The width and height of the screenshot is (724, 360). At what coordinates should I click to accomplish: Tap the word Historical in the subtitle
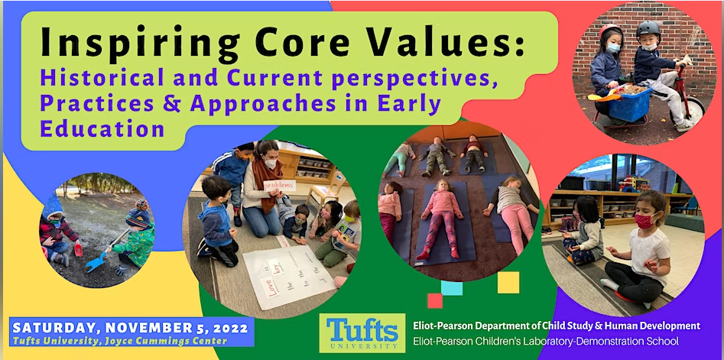(103, 77)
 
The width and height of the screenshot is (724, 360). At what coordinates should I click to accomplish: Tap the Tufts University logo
(362, 332)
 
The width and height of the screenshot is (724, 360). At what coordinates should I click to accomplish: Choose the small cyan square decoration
(452, 287)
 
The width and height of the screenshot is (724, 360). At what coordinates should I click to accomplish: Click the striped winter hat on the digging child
(138, 214)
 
